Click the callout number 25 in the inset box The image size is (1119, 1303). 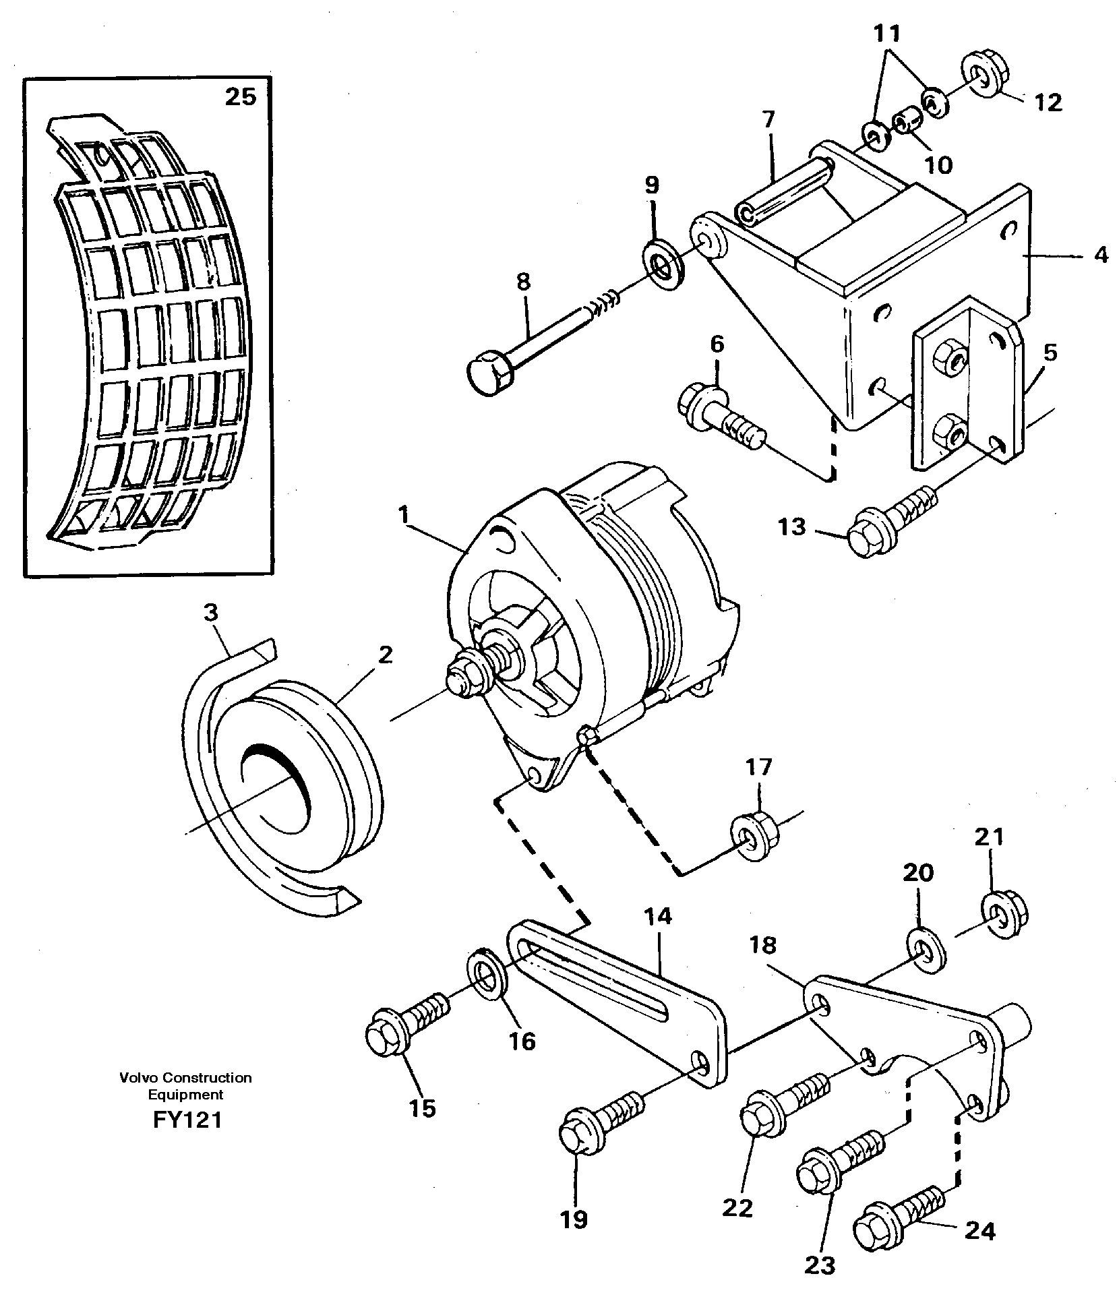(x=241, y=97)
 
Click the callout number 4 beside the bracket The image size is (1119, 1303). (x=1101, y=255)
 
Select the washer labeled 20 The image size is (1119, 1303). (x=928, y=951)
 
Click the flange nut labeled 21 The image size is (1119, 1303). (x=1004, y=913)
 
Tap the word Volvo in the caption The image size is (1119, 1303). (x=135, y=1078)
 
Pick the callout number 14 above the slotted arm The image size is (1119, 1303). (x=657, y=917)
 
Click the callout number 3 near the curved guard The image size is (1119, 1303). (x=211, y=613)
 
